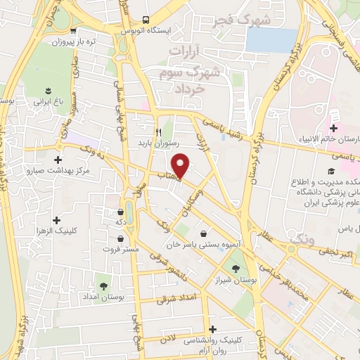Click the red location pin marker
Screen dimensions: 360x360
181,165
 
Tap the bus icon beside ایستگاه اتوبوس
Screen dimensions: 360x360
145,20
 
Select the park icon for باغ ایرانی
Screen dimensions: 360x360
49,90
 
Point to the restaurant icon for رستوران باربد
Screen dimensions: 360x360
159,131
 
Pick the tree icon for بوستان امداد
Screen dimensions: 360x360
104,285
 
